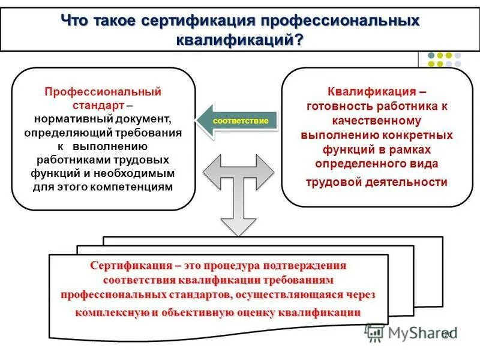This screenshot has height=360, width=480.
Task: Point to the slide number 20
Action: coord(448,334)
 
